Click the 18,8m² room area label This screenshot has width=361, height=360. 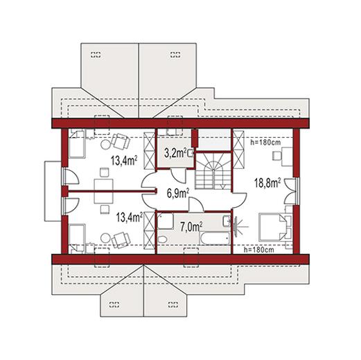tap(267, 183)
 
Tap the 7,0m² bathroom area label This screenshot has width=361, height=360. tap(191, 227)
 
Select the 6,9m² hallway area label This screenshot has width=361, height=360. tap(178, 193)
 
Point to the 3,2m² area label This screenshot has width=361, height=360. tap(175, 153)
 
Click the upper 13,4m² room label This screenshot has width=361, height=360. tap(124, 161)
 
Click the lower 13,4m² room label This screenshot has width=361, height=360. tap(130, 217)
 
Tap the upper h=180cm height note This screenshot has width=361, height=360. tap(265, 143)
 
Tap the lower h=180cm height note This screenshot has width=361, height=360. tap(259, 249)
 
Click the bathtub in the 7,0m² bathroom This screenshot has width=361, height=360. tap(215, 238)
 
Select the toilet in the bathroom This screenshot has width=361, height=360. tap(162, 239)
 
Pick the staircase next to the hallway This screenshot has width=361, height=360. tap(213, 171)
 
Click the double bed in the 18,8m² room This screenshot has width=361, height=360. tap(272, 227)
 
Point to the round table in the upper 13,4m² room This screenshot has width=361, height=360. tap(105, 145)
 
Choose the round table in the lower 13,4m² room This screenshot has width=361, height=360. tap(105, 238)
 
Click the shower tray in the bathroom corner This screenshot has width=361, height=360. tap(166, 222)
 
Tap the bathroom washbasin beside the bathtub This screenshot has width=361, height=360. tap(227, 221)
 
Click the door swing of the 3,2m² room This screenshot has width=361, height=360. tap(178, 176)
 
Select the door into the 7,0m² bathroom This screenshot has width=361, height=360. tap(196, 205)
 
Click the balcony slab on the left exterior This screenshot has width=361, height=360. tap(53, 191)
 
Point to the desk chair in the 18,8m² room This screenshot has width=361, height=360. tap(276, 155)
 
